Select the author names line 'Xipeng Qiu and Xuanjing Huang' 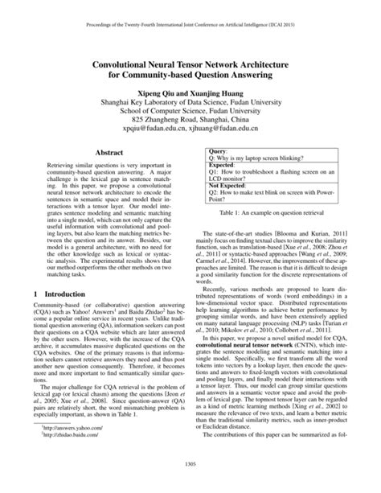(x=190, y=91)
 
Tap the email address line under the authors (x=190, y=127)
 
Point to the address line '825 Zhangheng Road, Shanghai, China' (x=190, y=115)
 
